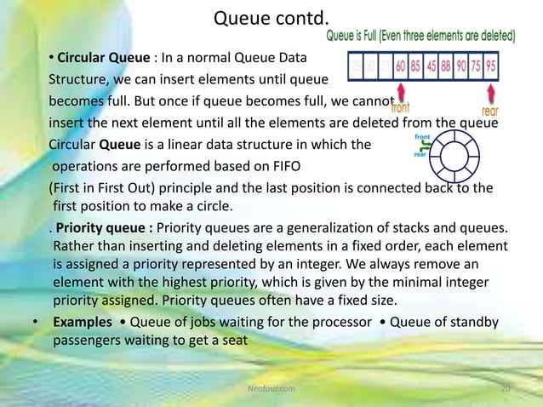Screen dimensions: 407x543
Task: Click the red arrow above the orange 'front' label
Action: [x=399, y=89]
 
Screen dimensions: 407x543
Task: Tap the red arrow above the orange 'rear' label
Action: [x=492, y=89]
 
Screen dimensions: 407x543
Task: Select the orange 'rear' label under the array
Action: [x=490, y=110]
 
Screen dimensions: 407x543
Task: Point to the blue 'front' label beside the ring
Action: [x=422, y=136]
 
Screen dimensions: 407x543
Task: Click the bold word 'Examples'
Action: [x=83, y=324]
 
